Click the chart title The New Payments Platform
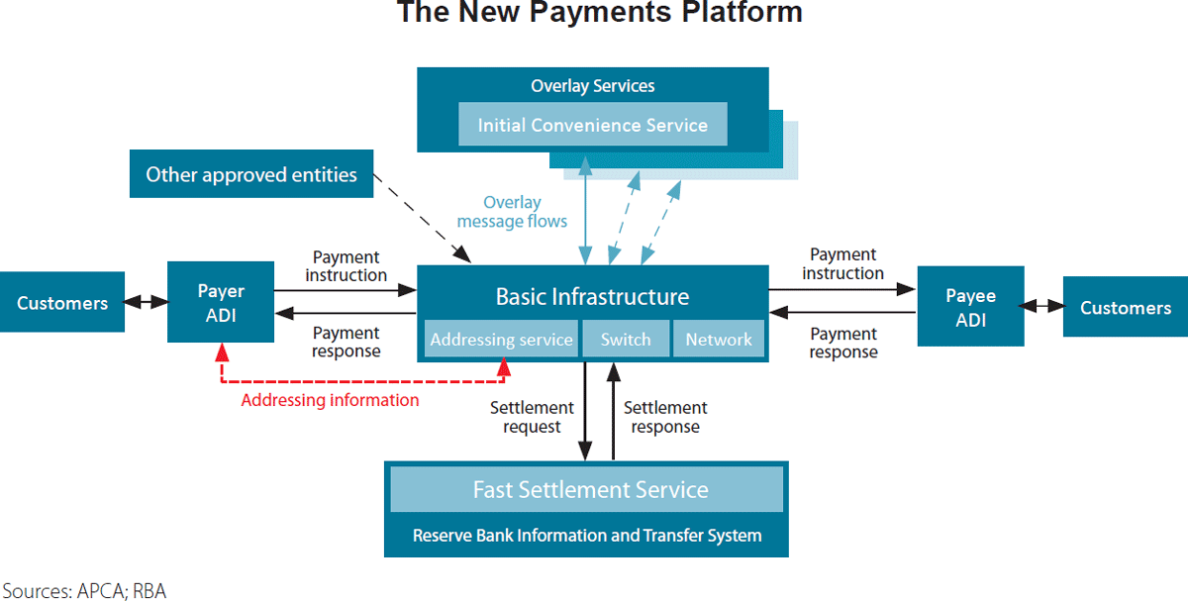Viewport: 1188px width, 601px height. (x=599, y=14)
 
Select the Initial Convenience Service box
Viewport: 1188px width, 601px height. (x=592, y=125)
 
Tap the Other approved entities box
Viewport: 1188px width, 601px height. (x=251, y=174)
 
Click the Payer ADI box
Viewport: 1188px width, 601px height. (x=221, y=302)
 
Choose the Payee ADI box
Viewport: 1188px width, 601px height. (x=970, y=306)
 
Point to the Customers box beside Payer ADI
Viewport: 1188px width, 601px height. (x=62, y=302)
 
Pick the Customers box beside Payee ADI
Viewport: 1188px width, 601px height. (x=1126, y=307)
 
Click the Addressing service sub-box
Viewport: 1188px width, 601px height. (x=501, y=340)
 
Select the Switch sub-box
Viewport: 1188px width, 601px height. (x=626, y=340)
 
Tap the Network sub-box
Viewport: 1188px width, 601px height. (x=719, y=340)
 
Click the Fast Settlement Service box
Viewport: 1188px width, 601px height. (x=590, y=489)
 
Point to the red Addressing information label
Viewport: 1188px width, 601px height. (x=330, y=400)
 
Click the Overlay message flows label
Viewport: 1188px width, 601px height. (x=512, y=212)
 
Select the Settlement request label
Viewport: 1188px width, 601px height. (x=532, y=417)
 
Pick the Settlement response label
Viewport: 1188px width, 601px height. (x=665, y=417)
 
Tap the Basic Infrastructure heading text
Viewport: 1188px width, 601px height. (x=592, y=296)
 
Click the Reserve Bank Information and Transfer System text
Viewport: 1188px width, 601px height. (x=587, y=536)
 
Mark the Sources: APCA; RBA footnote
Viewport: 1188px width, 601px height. (x=83, y=591)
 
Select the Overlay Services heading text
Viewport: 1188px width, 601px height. (x=592, y=86)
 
